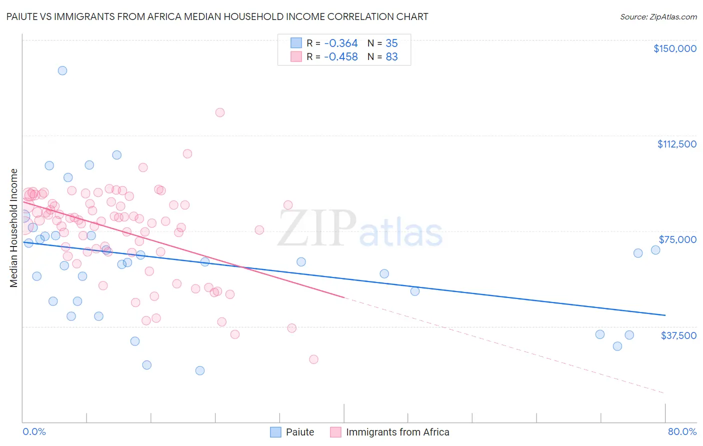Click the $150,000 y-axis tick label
click(x=674, y=48)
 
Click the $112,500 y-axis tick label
click(x=676, y=144)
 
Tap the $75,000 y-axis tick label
click(x=677, y=239)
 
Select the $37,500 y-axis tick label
click(x=678, y=335)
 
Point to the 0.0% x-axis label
click(x=34, y=432)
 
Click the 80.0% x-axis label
click(x=682, y=432)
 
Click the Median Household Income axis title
click(x=13, y=228)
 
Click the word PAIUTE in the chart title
click(x=22, y=16)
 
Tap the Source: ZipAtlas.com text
click(x=658, y=16)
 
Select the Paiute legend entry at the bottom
click(x=292, y=432)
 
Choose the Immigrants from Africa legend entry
click(x=390, y=432)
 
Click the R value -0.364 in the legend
click(x=340, y=43)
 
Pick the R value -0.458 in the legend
click(x=340, y=56)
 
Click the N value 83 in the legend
click(x=391, y=56)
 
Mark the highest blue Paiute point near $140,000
click(x=62, y=70)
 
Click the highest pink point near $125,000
click(x=220, y=112)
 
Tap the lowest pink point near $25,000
click(x=313, y=359)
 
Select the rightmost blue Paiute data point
click(x=655, y=250)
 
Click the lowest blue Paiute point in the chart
click(x=200, y=370)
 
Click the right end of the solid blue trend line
click(x=665, y=315)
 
